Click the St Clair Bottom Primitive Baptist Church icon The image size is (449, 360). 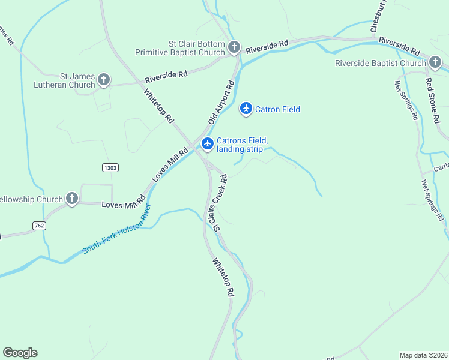pos(234,47)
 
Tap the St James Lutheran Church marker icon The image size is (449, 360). pos(104,79)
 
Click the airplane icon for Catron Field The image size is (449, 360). pos(246,109)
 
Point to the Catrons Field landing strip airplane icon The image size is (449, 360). pos(208,143)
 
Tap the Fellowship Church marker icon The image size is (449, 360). pos(72,199)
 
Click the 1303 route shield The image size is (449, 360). pos(110,167)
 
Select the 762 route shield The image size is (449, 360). pos(40,226)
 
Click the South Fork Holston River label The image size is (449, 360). pos(117,230)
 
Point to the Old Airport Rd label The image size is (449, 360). pos(221,103)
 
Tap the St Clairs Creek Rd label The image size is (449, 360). pos(218,202)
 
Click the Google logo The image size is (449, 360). pos(20,353)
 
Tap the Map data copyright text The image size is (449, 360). pos(423,355)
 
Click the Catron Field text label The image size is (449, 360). pos(277,109)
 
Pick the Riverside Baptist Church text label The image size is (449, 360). pos(380,63)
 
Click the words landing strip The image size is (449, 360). pos(240,149)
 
